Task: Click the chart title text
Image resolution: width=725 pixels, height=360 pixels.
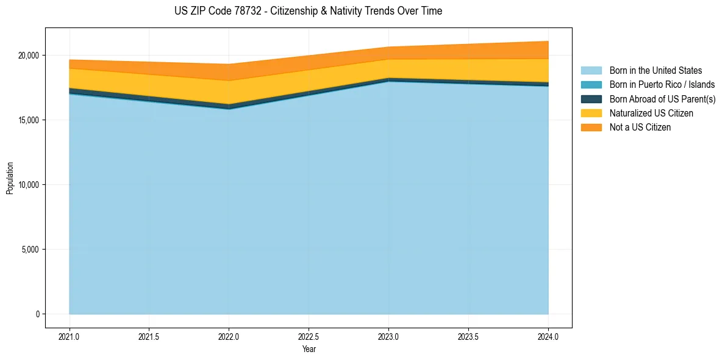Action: [308, 11]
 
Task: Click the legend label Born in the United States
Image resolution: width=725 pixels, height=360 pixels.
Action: [655, 71]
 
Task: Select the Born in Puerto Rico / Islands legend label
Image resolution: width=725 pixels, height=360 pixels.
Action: [662, 85]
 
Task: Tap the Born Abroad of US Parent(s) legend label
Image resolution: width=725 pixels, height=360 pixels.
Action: [662, 99]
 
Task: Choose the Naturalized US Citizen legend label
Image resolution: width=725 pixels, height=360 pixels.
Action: [651, 113]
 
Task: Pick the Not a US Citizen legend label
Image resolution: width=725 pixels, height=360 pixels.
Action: [640, 128]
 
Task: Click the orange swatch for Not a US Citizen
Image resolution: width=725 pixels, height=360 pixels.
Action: [591, 128]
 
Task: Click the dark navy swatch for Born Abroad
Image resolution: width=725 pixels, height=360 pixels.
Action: [591, 99]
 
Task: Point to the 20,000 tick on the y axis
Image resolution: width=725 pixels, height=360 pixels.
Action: [28, 56]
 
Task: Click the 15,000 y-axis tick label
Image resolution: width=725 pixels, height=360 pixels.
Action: [28, 120]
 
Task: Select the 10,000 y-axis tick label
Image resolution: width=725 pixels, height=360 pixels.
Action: [28, 185]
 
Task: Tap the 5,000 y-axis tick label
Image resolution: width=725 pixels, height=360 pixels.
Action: [30, 250]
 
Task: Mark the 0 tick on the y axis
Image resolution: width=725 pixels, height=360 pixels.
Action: [37, 314]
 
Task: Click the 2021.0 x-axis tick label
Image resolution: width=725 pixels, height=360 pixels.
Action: [69, 336]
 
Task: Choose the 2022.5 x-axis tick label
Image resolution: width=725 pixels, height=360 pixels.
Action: [309, 336]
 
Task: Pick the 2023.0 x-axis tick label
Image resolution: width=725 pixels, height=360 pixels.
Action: [388, 336]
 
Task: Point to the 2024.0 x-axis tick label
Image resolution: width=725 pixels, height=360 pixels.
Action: [548, 336]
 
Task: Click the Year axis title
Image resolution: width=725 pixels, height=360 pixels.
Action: [309, 349]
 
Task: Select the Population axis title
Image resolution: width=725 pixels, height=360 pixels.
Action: [10, 178]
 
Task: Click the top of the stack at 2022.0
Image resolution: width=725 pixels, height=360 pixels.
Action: [229, 65]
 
